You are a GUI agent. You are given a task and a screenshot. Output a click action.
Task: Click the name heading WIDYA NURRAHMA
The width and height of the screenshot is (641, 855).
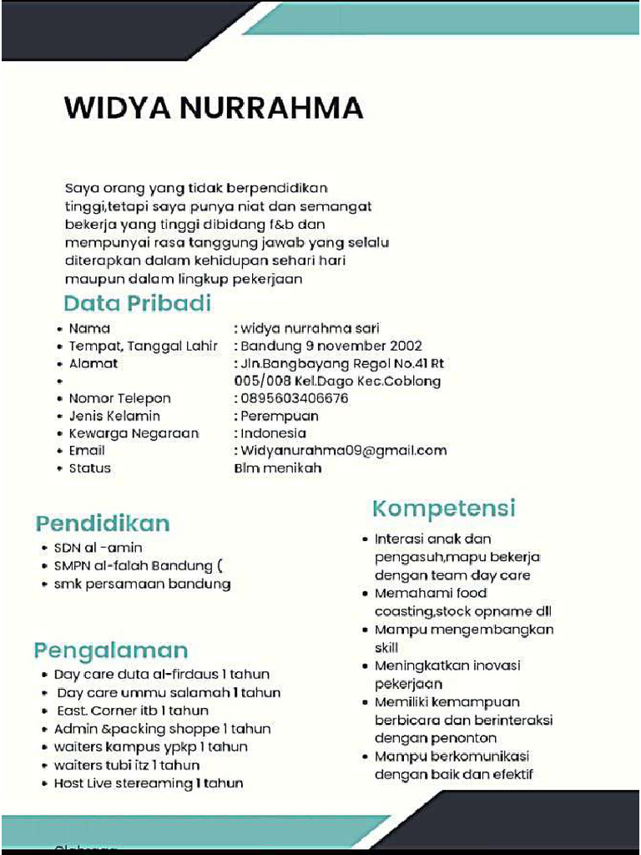[214, 109]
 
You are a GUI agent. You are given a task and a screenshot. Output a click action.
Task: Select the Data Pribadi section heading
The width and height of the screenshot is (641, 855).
[138, 303]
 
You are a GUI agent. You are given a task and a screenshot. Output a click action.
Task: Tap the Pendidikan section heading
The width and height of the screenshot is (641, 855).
[103, 524]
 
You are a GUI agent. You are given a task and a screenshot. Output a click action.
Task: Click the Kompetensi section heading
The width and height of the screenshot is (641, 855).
[444, 508]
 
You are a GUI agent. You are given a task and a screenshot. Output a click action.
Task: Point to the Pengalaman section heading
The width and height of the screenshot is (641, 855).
[111, 650]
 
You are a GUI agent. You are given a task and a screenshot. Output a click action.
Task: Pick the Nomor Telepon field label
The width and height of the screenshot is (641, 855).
[119, 398]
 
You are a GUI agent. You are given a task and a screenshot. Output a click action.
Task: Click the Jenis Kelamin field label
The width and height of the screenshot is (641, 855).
[114, 416]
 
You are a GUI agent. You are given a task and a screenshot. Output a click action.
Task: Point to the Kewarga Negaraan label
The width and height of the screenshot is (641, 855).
[134, 433]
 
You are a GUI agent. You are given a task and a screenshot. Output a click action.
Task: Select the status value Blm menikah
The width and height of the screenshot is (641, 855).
[278, 468]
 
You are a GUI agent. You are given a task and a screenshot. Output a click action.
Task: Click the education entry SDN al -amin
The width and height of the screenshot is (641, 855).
[98, 548]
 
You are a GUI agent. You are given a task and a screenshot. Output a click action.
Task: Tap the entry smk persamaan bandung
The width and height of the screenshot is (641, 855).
[142, 584]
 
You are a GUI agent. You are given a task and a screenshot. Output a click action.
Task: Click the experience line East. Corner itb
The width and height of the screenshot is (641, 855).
[131, 711]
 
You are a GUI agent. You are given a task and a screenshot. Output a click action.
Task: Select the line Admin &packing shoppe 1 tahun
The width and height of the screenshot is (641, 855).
[162, 729]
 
